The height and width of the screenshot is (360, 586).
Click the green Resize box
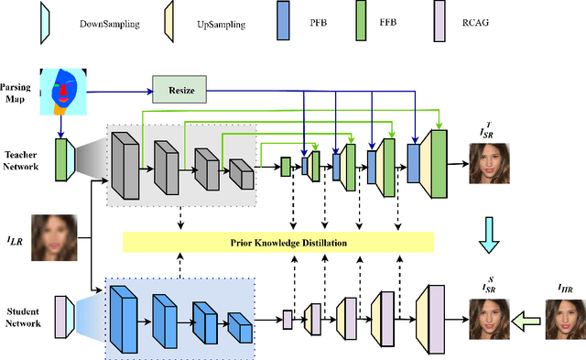[180, 91]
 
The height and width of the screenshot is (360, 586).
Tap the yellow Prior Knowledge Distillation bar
[277, 242]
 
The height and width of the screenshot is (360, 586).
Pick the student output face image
[493, 317]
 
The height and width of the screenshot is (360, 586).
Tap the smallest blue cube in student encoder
[238, 326]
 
